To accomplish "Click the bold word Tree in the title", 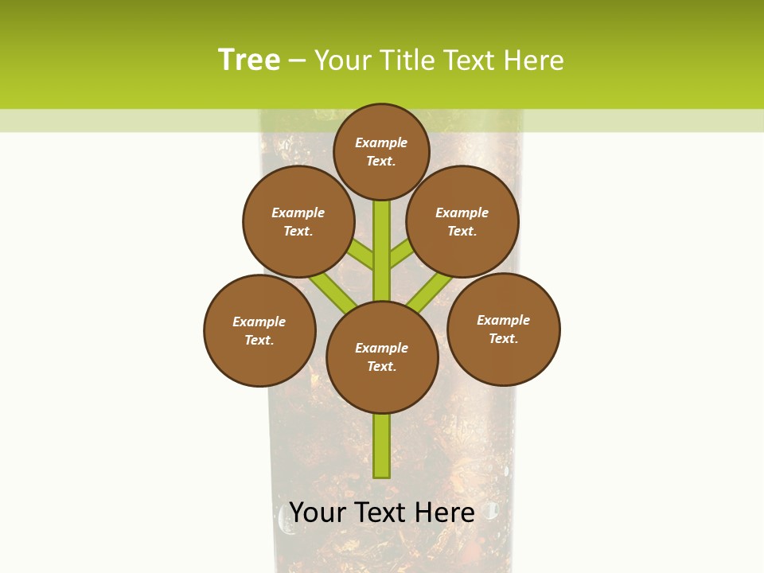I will [249, 60].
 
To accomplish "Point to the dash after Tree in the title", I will [297, 61].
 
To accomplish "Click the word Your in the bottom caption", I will [317, 512].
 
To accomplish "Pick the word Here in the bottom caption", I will [443, 512].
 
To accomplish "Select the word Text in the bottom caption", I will [378, 512].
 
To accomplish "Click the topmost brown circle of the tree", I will [381, 151].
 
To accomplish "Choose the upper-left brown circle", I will [298, 222].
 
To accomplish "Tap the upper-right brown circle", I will [462, 222].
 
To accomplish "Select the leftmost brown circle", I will [259, 330].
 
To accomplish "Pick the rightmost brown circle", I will [504, 329].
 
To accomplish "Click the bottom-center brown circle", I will [382, 357].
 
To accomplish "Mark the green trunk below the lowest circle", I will [382, 446].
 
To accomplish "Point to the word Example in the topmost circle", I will [381, 142].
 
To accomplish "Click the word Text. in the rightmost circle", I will [503, 338].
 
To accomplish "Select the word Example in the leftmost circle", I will [259, 322].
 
